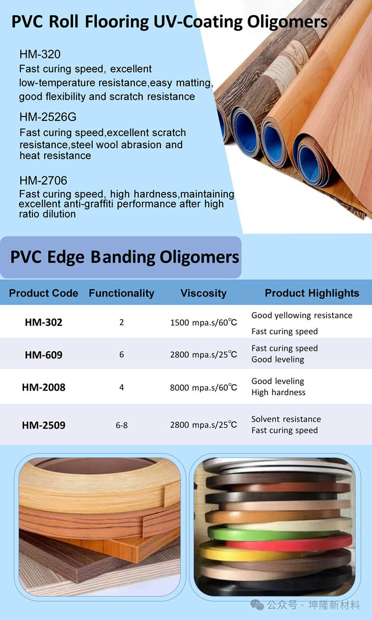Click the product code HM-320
click(40, 54)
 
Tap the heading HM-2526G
click(48, 117)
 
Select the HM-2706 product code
click(43, 180)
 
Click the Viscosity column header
click(204, 293)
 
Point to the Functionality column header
click(121, 293)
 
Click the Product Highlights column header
click(312, 293)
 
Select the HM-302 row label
click(44, 322)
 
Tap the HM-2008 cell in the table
click(44, 387)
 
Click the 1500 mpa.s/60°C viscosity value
click(204, 323)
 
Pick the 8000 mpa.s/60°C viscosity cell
click(204, 388)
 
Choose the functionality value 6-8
click(122, 425)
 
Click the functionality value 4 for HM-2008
click(121, 388)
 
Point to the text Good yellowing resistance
click(302, 316)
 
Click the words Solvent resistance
click(286, 419)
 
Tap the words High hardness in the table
click(279, 392)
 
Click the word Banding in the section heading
click(123, 257)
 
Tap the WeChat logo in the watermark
click(257, 605)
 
